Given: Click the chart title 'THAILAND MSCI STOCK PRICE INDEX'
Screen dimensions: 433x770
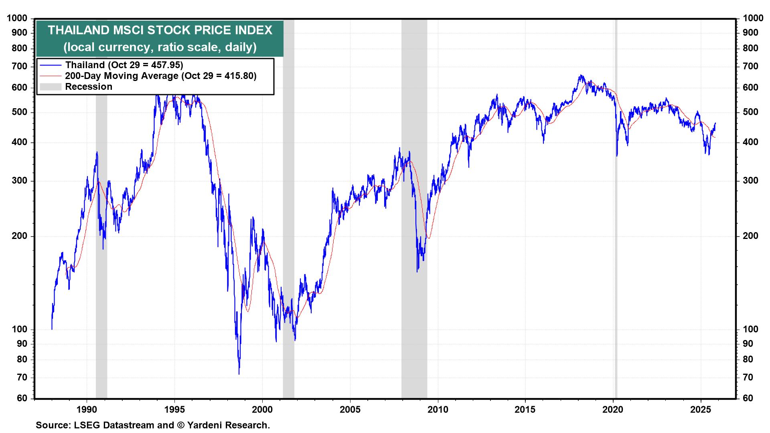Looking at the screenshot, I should (x=160, y=30).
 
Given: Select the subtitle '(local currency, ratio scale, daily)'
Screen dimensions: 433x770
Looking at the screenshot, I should (x=160, y=47).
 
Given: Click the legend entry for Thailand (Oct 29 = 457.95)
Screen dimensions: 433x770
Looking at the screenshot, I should (x=124, y=65).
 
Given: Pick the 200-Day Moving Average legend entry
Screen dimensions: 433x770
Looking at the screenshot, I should (x=160, y=76).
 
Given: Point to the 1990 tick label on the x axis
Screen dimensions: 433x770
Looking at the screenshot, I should (x=87, y=410).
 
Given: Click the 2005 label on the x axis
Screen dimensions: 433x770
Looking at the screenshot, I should (x=350, y=410).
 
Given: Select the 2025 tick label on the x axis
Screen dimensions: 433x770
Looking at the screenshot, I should (x=701, y=410).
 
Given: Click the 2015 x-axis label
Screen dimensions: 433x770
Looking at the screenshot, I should (x=525, y=410).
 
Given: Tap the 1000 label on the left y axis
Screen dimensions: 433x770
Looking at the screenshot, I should (x=18, y=18).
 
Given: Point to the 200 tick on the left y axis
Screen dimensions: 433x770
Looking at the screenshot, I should (x=20, y=236).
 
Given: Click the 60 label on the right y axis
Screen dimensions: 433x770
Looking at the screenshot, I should (x=748, y=398).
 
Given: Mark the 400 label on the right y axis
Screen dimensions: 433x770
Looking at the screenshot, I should (x=750, y=142).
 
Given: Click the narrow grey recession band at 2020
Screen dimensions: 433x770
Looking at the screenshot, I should (x=616, y=241).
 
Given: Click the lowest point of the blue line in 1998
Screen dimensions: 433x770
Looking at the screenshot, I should (x=239, y=374).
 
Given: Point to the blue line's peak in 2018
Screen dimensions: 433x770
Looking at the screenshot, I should (x=580, y=75).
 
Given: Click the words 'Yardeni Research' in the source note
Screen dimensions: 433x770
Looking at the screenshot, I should (x=228, y=425).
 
